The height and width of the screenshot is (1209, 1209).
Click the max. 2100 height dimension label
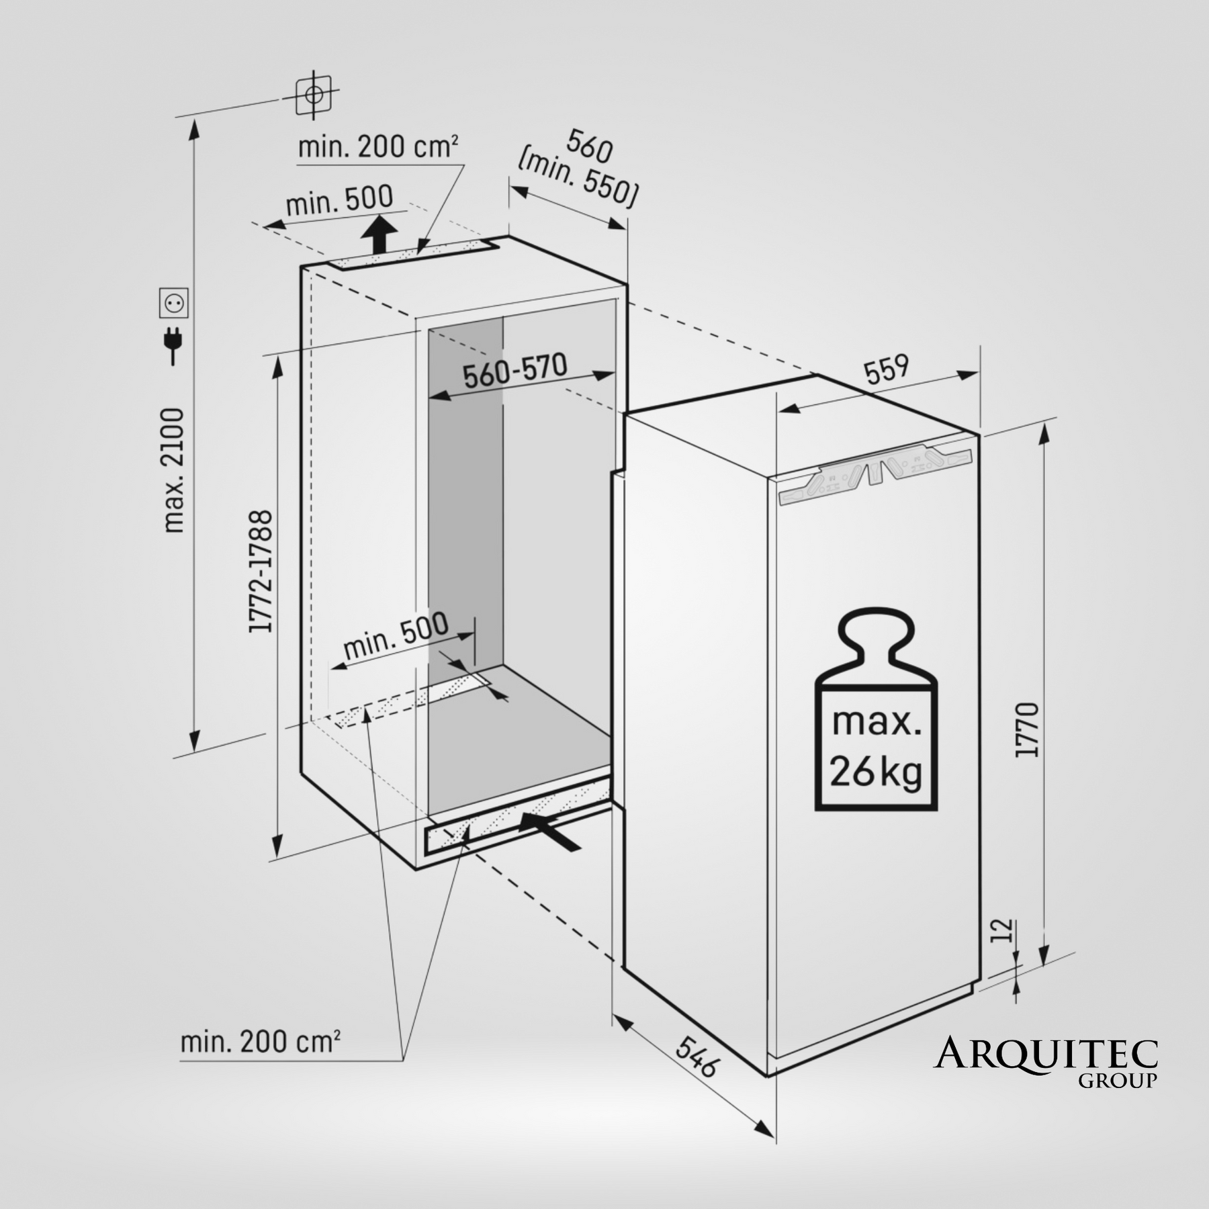(173, 470)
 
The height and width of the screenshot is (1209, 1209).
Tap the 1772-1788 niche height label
(261, 571)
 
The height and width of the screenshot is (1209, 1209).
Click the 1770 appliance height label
(1027, 730)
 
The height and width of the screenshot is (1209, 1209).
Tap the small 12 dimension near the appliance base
(1001, 931)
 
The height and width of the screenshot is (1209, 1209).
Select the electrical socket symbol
(173, 303)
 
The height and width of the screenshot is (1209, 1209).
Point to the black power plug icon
(174, 345)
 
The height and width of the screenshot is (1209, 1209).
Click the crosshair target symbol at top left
(314, 95)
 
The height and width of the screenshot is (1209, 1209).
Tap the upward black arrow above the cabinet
(379, 234)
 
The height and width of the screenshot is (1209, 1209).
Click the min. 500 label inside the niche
(396, 635)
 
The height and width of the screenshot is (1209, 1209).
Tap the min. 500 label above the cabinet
(340, 199)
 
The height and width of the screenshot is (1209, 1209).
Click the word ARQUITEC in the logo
(1046, 1054)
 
